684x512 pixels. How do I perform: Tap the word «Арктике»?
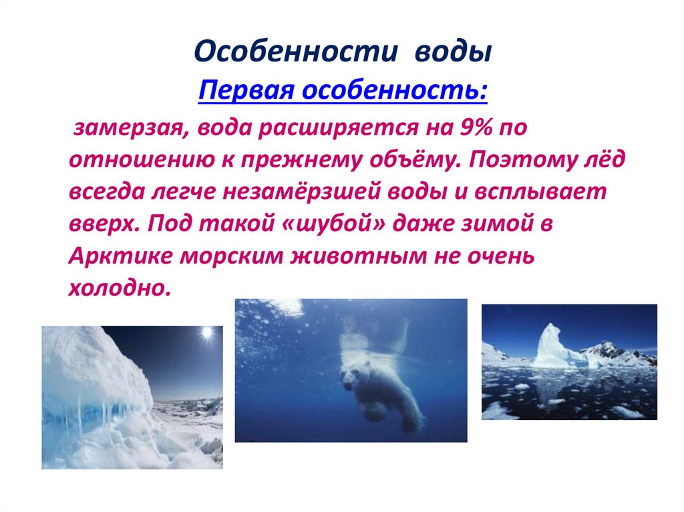tap(113, 256)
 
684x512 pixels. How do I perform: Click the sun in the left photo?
tap(206, 332)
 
